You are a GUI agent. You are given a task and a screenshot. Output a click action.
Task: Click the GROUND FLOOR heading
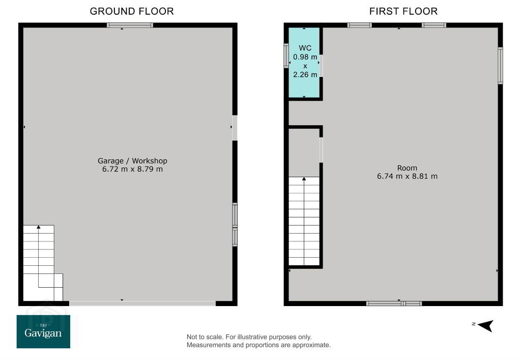pyautogui.click(x=132, y=11)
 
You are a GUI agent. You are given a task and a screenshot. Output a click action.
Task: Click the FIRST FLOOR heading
pyautogui.click(x=403, y=11)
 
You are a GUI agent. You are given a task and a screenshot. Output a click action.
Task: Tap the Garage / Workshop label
pyautogui.click(x=132, y=160)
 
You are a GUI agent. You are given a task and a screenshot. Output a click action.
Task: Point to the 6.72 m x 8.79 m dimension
pyautogui.click(x=132, y=169)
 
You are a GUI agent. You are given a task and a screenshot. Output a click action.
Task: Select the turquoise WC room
pyautogui.click(x=304, y=63)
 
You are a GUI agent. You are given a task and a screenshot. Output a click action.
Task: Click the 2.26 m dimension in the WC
pyautogui.click(x=305, y=74)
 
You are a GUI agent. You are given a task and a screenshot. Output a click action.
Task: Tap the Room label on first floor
pyautogui.click(x=407, y=168)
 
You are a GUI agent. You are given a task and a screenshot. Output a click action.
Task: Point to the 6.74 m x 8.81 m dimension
pyautogui.click(x=407, y=176)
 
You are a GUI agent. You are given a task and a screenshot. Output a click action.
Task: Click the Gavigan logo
pyautogui.click(x=43, y=331)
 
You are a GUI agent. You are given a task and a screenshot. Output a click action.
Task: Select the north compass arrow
pyautogui.click(x=486, y=325)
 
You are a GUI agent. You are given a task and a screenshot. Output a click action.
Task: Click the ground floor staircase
pyautogui.click(x=43, y=263)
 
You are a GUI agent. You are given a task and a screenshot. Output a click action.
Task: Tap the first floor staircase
pyautogui.click(x=304, y=221)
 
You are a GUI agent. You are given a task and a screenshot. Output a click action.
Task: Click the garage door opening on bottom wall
pyautogui.click(x=142, y=303)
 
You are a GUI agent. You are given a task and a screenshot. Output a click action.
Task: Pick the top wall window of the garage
pyautogui.click(x=130, y=25)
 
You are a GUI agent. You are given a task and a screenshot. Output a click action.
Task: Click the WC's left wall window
pyautogui.click(x=286, y=56)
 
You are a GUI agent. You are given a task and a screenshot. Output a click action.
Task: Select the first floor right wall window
pyautogui.click(x=500, y=66)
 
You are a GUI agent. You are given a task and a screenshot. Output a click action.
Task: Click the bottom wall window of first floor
pyautogui.click(x=394, y=303)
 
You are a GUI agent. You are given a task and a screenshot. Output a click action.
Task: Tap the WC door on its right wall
pyautogui.click(x=321, y=66)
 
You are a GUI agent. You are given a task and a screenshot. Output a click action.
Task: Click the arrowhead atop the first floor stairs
pyautogui.click(x=304, y=179)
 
